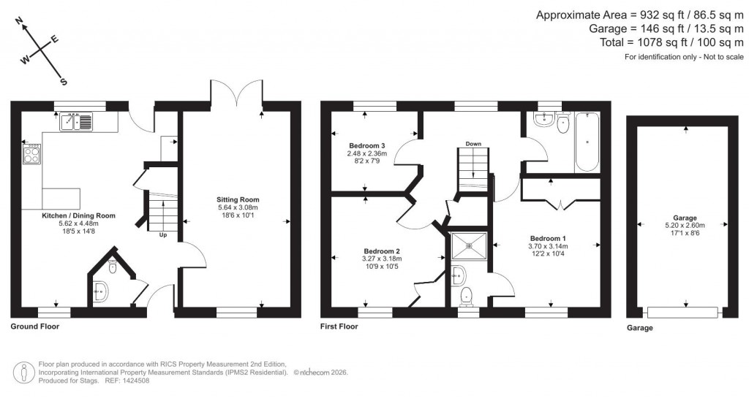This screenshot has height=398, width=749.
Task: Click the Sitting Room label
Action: coord(237,199)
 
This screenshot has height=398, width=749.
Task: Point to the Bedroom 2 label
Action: coord(382,250)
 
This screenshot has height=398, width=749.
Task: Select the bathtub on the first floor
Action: coord(587,142)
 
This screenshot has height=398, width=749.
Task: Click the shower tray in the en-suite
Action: coord(468,246)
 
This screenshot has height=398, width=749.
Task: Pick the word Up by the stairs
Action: coord(162,235)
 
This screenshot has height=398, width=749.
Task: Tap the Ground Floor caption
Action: coord(34,326)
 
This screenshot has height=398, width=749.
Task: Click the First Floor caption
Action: coord(339,326)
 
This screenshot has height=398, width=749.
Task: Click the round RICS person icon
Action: coord(26,372)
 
